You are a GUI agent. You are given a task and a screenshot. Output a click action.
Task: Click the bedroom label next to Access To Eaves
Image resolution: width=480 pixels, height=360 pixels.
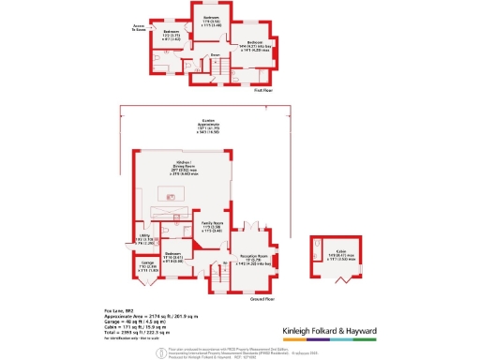tap(171, 35)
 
